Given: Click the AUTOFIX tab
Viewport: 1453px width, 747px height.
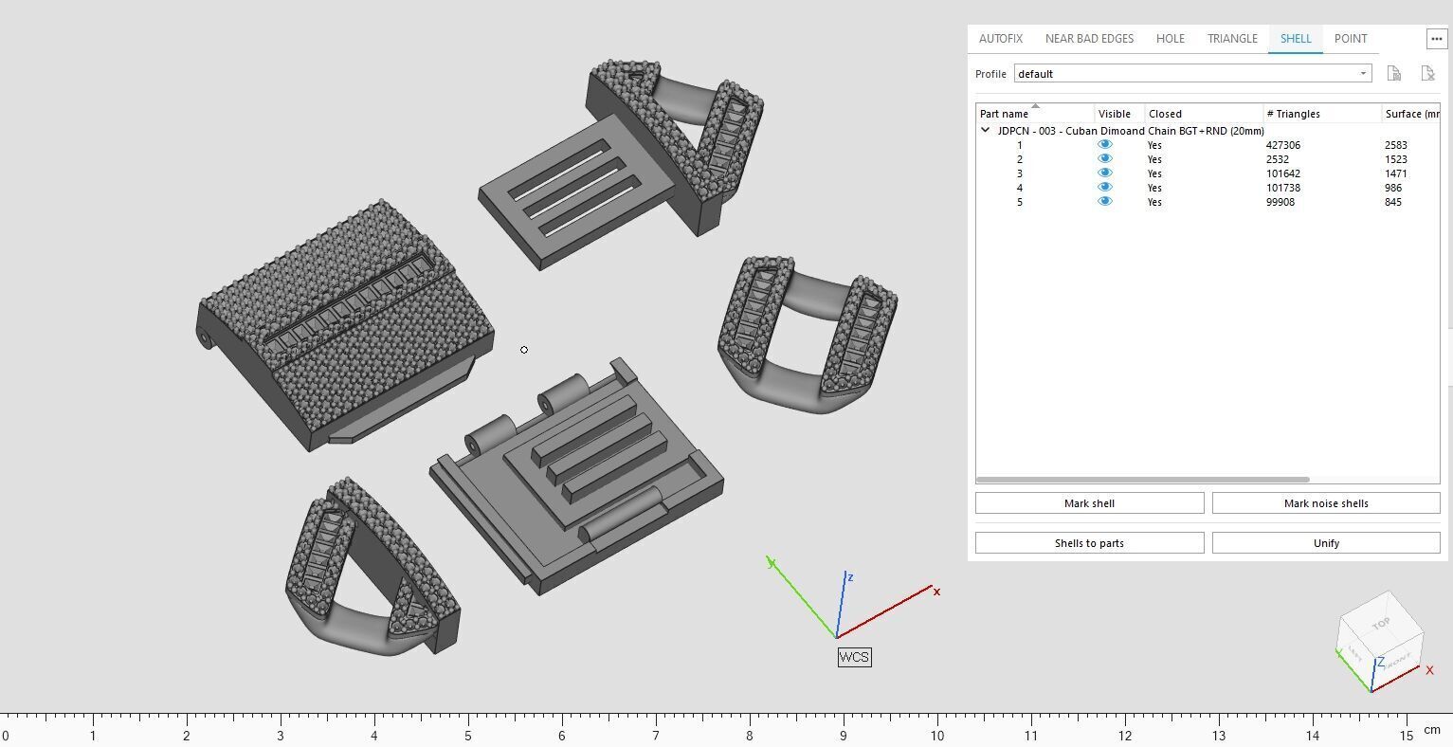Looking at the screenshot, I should [1000, 39].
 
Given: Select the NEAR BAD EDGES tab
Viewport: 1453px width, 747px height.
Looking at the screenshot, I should [1089, 39].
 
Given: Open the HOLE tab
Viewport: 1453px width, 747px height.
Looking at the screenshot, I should [1170, 39].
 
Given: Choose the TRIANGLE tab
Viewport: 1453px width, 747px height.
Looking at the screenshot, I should [1232, 39].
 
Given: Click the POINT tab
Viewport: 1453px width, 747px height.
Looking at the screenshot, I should [1350, 39].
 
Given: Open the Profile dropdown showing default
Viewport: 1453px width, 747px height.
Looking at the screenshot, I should [1192, 74].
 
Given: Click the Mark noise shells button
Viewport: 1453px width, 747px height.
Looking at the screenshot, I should [1325, 503].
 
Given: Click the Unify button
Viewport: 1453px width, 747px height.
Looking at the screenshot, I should [1325, 543].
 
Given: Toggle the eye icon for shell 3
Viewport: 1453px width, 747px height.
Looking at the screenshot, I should [1104, 173].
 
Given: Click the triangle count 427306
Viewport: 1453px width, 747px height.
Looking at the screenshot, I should [1282, 145].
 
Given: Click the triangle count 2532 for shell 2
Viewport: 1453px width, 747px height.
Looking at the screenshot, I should [1277, 159].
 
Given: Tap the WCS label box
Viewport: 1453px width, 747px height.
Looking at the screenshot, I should [854, 657].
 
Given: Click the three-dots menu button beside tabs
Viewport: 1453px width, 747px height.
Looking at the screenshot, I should [1436, 39].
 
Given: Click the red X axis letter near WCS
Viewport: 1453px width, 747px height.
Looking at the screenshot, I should [936, 592].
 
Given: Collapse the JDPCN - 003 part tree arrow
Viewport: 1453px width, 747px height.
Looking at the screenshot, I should [985, 131].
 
